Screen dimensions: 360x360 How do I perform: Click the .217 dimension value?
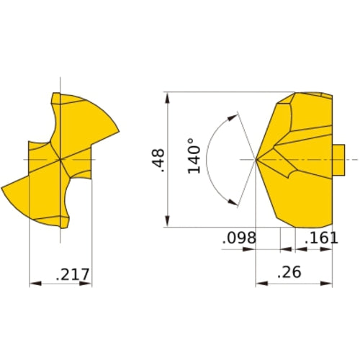pos(71,274)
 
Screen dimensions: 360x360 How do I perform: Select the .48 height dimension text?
pos(158,160)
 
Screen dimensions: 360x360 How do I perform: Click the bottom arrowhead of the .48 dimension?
pos(168,224)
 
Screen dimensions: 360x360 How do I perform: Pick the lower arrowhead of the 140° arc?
pos(233,204)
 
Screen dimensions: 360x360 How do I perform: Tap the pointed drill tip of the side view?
pos(257,158)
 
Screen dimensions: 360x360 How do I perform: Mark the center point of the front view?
pos(61,158)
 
